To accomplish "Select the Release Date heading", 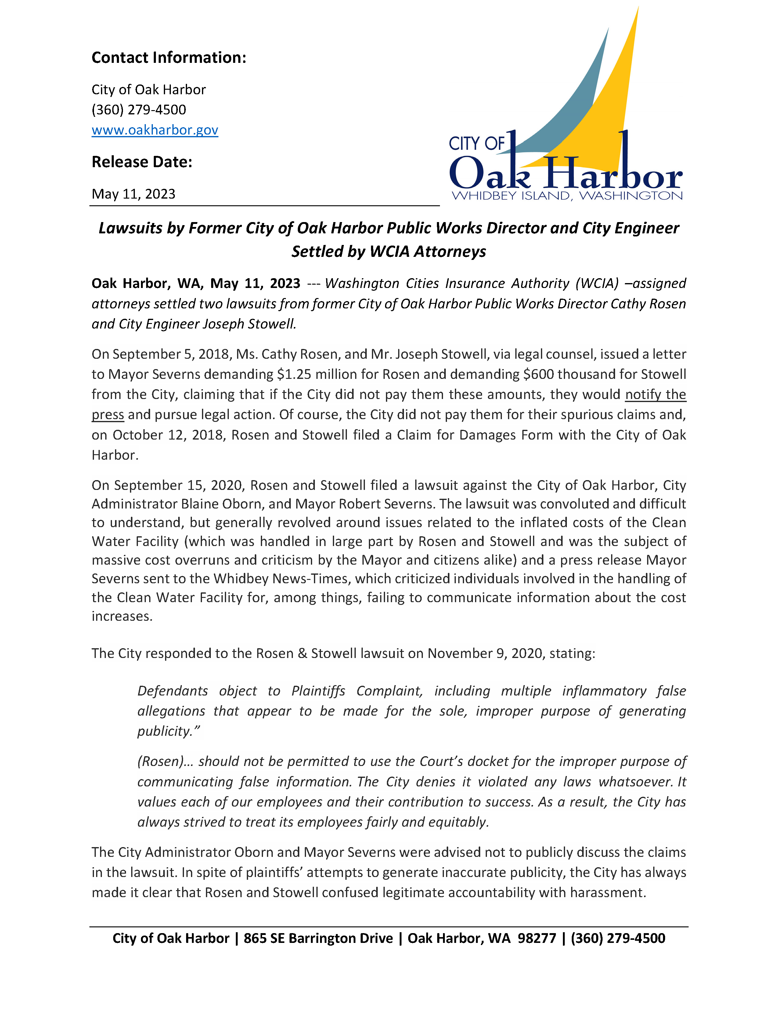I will click(x=142, y=162).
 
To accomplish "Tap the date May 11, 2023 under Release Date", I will click(x=133, y=194).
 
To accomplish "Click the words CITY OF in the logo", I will click(x=477, y=143).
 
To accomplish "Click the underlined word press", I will click(x=108, y=414).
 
